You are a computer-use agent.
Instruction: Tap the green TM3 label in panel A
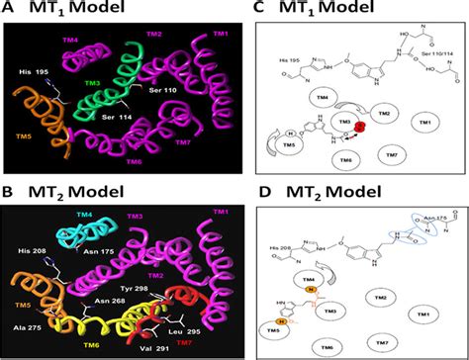(92, 83)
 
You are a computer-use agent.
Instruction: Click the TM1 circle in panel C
(425, 122)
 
